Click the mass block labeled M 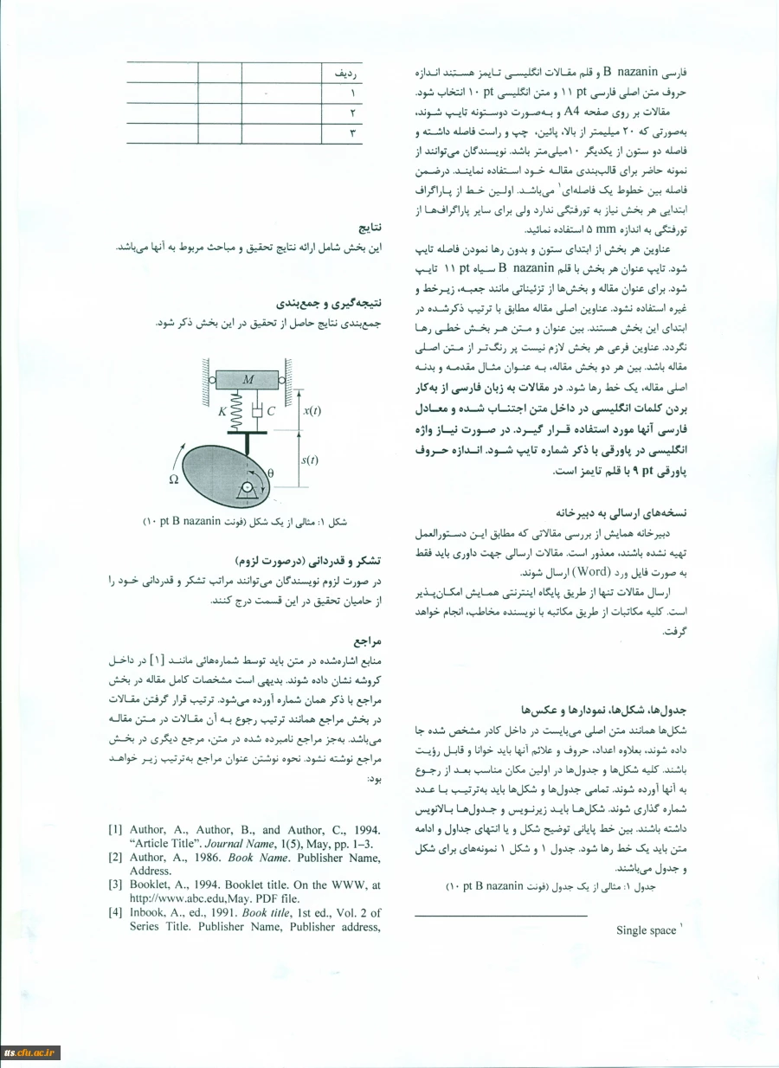[x=248, y=379]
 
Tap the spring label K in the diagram [x=222, y=412]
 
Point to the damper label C [x=270, y=413]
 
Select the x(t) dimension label [x=312, y=412]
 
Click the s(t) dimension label [x=310, y=460]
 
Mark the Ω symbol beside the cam [x=173, y=478]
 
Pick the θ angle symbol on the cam [x=270, y=474]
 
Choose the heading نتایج [x=370, y=229]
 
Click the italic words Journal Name [x=247, y=844]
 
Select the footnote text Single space [x=647, y=930]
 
